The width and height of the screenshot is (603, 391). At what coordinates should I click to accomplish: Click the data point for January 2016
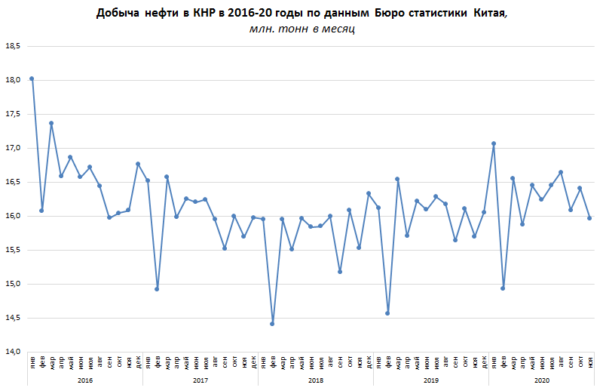pyautogui.click(x=32, y=79)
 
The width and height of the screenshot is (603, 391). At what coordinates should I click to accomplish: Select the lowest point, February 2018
pyautogui.click(x=272, y=324)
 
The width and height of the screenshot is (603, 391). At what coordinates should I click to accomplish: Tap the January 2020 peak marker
pyautogui.click(x=494, y=143)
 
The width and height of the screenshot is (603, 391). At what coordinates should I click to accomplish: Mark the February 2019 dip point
pyautogui.click(x=387, y=312)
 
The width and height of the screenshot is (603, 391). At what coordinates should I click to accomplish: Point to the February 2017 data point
pyautogui.click(x=157, y=288)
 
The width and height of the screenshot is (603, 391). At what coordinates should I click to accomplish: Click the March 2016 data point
pyautogui.click(x=51, y=123)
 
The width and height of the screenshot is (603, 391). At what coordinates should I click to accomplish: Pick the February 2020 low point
pyautogui.click(x=503, y=288)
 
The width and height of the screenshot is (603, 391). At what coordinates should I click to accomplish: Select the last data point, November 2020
pyautogui.click(x=589, y=218)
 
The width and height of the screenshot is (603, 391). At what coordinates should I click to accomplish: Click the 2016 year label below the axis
pyautogui.click(x=85, y=380)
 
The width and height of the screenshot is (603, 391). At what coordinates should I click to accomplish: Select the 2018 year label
pyautogui.click(x=316, y=380)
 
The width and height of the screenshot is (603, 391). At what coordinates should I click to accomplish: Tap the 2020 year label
pyautogui.click(x=541, y=380)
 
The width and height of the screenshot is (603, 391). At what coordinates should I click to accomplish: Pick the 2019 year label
pyautogui.click(x=431, y=380)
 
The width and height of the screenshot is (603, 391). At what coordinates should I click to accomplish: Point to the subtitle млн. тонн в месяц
pyautogui.click(x=301, y=29)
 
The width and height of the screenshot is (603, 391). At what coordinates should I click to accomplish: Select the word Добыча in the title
pyautogui.click(x=117, y=14)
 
